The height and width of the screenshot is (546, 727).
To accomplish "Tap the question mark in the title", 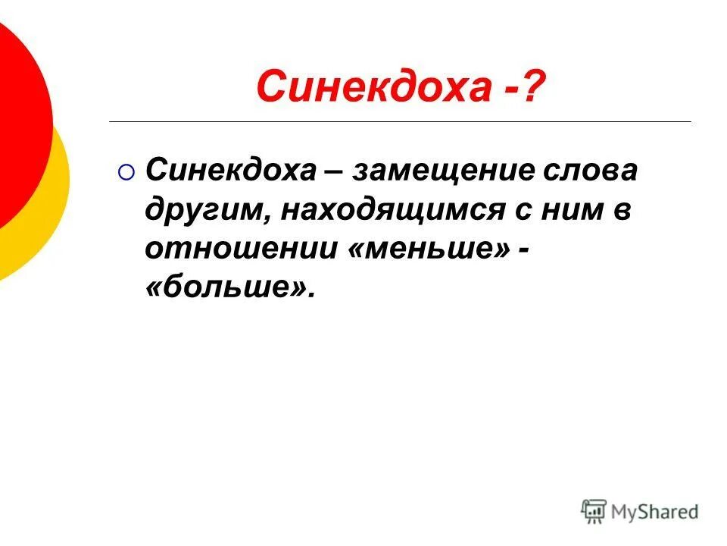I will tap(532, 86).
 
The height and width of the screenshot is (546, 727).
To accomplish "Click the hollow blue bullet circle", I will tap(127, 174).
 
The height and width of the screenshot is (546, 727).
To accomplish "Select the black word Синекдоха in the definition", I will tap(231, 171).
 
